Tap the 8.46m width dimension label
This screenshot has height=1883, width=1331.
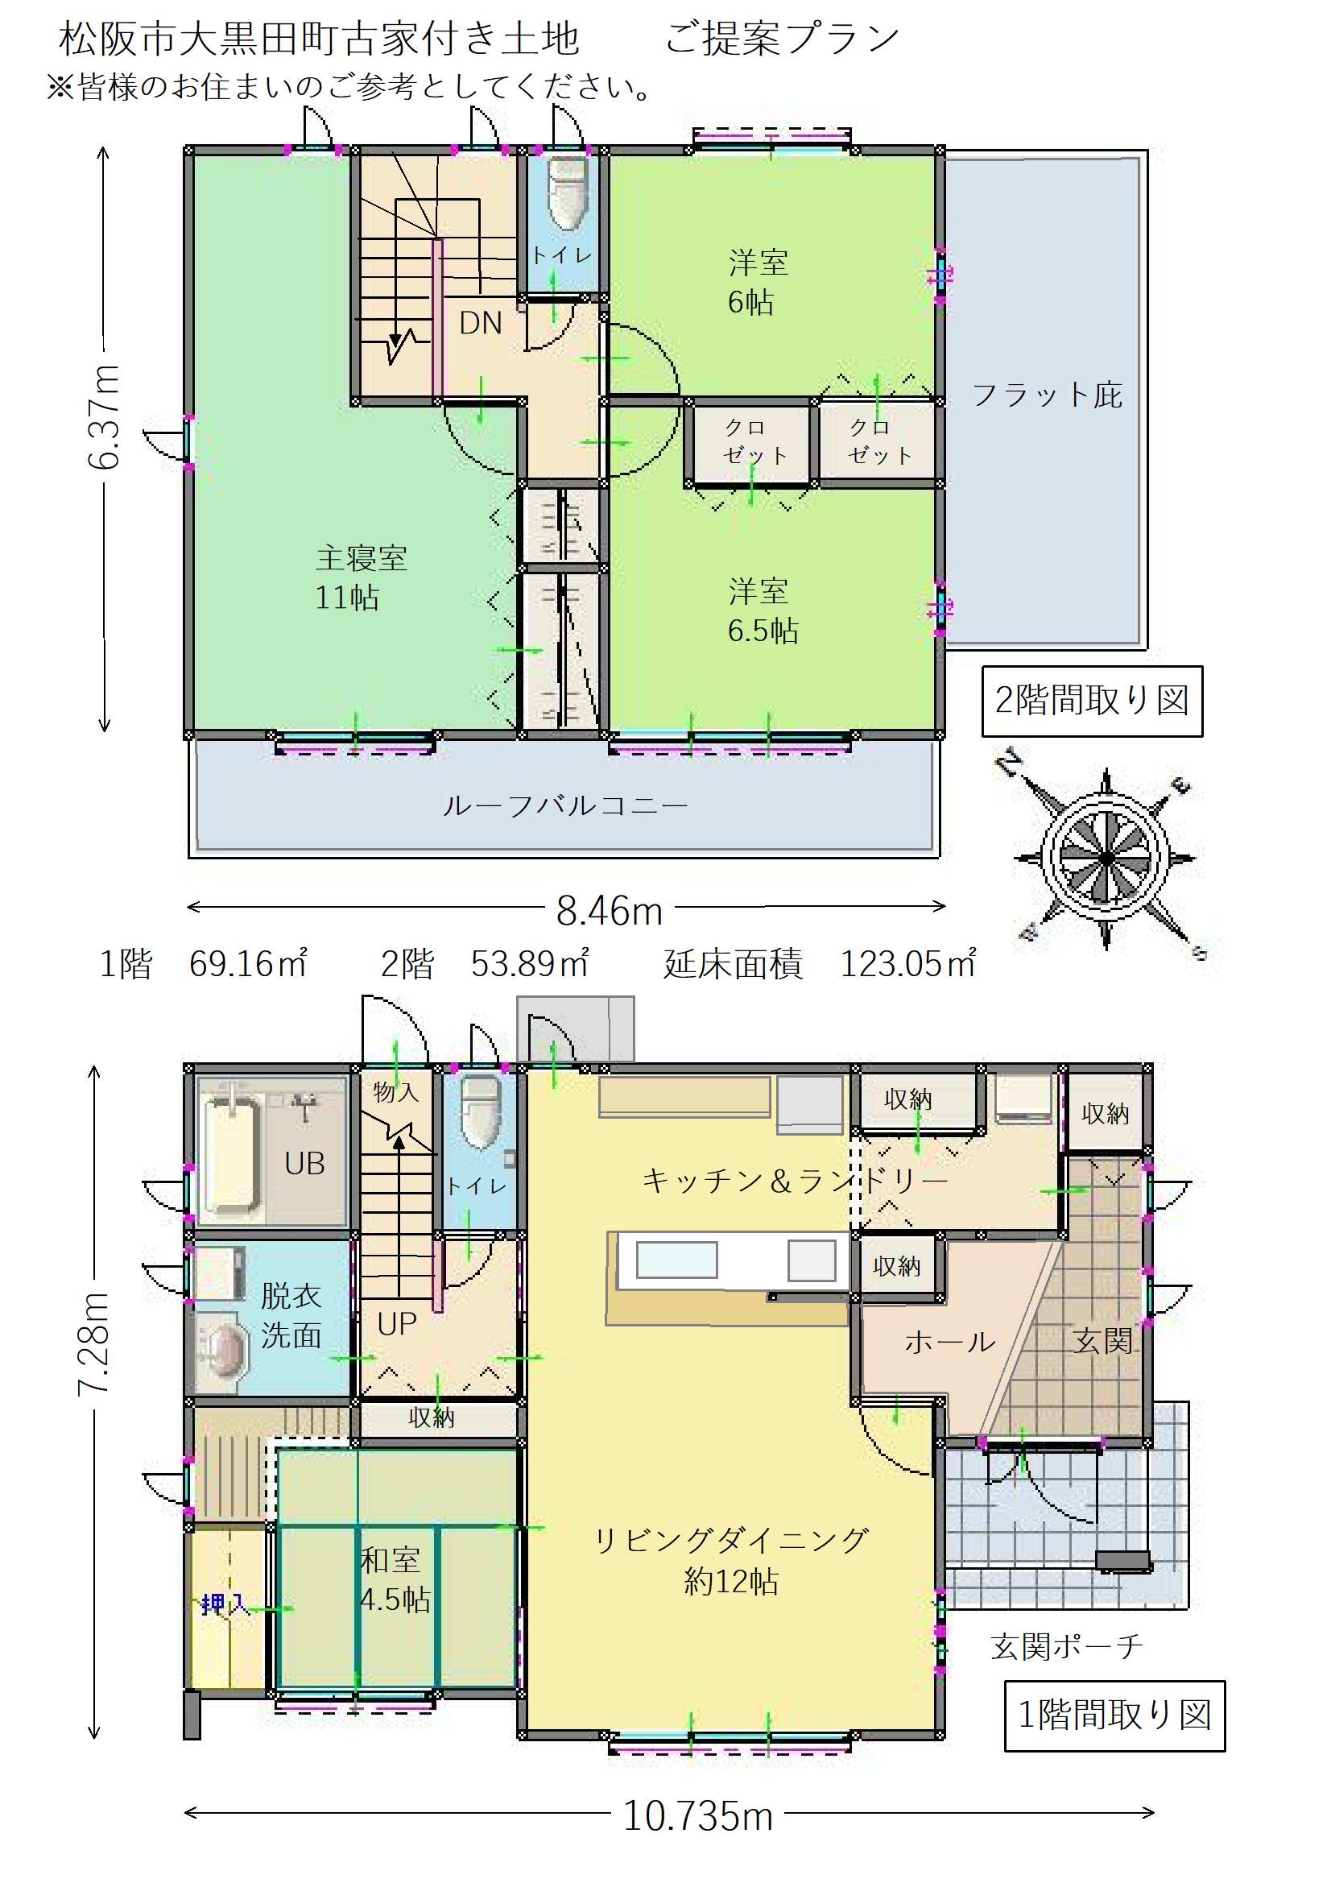click(609, 910)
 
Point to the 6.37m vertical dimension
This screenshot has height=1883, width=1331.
click(104, 417)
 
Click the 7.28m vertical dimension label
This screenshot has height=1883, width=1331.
click(93, 1344)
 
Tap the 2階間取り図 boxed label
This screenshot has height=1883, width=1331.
click(1092, 701)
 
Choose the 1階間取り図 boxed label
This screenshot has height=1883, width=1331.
click(1114, 1715)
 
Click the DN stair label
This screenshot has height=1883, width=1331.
click(481, 323)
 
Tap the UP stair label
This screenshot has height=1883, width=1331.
click(397, 1324)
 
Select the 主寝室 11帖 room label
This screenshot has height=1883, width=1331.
click(361, 577)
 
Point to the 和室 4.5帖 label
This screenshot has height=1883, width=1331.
click(395, 1579)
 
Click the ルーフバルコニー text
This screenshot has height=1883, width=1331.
click(564, 805)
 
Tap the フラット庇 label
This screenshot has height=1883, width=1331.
click(1048, 395)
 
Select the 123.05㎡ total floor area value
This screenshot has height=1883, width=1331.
click(907, 963)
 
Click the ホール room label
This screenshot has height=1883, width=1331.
click(949, 1342)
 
